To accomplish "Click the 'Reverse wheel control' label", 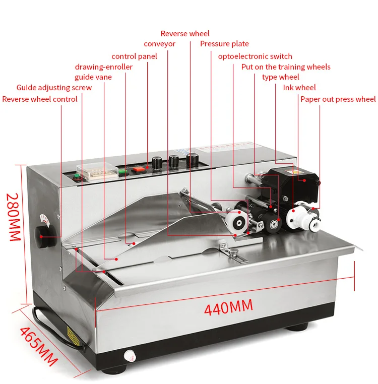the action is pyautogui.click(x=40, y=99).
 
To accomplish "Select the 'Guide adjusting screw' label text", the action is pyautogui.click(x=54, y=88).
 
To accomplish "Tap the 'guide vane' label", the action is pyautogui.click(x=93, y=77).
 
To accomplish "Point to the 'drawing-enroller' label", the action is pyautogui.click(x=104, y=67).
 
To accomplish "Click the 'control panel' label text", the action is pyautogui.click(x=134, y=56).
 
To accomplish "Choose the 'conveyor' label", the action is pyautogui.click(x=159, y=44).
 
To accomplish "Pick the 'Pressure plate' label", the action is pyautogui.click(x=224, y=44).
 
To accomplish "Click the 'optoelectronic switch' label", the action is pyautogui.click(x=255, y=56).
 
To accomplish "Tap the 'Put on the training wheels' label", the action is pyautogui.click(x=286, y=67).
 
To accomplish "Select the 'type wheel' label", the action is pyautogui.click(x=280, y=77).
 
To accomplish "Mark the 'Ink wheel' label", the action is pyautogui.click(x=299, y=88).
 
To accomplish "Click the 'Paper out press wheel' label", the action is pyautogui.click(x=338, y=99).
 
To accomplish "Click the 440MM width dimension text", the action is pyautogui.click(x=228, y=306).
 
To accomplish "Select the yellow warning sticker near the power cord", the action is pyautogui.click(x=73, y=333).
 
